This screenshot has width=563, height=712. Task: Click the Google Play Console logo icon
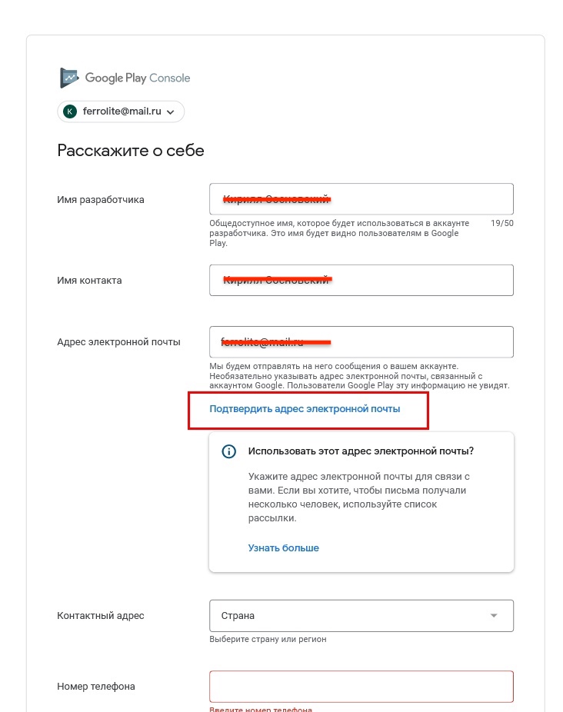70,78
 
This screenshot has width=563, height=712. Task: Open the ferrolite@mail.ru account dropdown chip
121,111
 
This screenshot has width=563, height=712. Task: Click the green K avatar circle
70,111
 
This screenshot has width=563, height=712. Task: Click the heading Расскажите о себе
131,150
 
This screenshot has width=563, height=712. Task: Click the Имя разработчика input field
361,198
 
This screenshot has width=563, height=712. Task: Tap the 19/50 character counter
501,224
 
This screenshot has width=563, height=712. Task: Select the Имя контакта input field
361,280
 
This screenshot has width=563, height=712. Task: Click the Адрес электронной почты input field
361,341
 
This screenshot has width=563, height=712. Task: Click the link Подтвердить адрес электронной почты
305,409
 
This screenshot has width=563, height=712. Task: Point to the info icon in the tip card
228,451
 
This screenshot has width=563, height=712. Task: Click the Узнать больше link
283,548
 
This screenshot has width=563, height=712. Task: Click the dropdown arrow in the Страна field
494,615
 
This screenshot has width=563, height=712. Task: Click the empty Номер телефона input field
361,687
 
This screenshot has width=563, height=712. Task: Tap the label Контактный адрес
101,616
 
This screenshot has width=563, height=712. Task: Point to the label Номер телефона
96,687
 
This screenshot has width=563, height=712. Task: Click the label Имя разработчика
101,200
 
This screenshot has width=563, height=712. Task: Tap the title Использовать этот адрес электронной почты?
361,451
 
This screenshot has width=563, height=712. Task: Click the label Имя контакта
89,281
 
